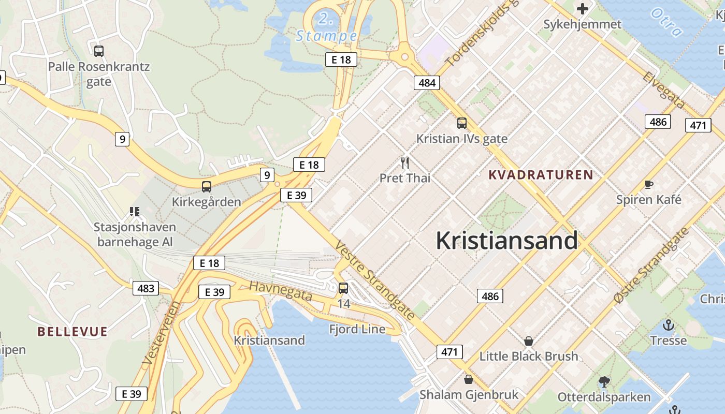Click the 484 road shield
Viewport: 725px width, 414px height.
(427, 82)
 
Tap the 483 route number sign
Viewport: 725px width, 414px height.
(146, 288)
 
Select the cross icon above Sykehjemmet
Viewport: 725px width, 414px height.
(583, 8)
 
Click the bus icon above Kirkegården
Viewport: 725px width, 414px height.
(206, 187)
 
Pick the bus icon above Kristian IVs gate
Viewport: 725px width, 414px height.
(461, 123)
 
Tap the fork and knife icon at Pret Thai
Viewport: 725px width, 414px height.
(405, 163)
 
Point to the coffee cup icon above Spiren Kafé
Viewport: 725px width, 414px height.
(648, 184)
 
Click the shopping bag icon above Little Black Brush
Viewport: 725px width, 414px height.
(528, 341)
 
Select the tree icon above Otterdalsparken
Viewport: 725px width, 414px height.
(604, 382)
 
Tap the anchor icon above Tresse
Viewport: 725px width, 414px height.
(669, 325)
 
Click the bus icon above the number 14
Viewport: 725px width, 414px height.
(343, 288)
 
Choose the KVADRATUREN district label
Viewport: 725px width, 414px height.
(541, 175)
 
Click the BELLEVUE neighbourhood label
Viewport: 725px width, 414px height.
(72, 332)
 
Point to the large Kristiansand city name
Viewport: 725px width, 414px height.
(506, 241)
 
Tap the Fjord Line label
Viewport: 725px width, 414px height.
(357, 329)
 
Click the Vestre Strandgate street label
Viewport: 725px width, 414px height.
(375, 280)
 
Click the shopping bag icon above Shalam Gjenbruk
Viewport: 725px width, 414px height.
(468, 379)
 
